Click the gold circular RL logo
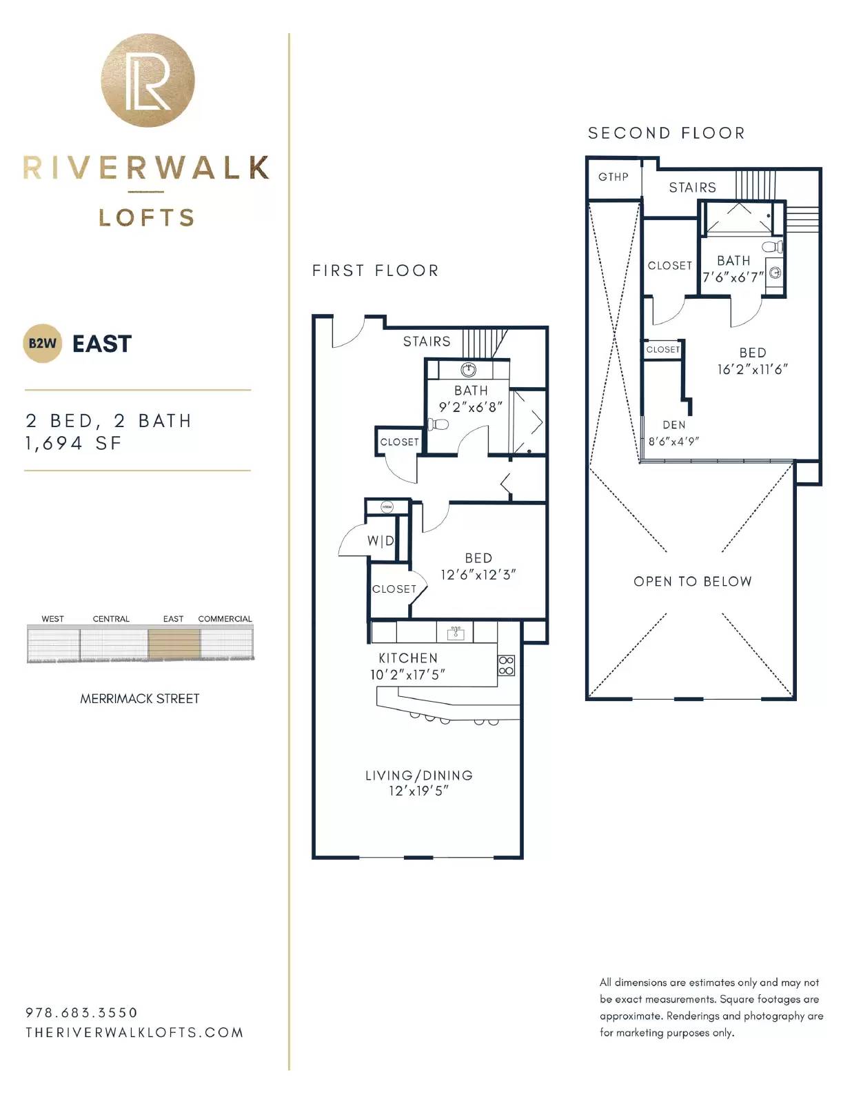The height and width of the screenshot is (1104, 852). (148, 80)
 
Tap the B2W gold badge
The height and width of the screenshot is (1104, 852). (42, 344)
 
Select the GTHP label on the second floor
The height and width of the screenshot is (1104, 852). (613, 177)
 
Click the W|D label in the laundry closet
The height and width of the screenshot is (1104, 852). (381, 540)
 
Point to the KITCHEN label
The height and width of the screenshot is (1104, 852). (408, 658)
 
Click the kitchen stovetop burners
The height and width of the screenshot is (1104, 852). (506, 666)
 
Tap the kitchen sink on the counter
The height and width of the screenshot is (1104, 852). (455, 633)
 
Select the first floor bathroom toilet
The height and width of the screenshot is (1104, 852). (438, 424)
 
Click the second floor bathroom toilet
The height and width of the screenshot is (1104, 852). (772, 247)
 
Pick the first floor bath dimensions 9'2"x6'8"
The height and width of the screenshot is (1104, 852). (470, 407)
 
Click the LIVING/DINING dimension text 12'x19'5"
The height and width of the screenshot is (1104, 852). (418, 791)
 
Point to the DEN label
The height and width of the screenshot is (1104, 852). (674, 425)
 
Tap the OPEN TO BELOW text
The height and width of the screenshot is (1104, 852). (693, 581)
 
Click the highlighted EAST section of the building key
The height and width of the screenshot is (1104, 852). (174, 644)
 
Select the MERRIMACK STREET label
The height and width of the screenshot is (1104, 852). (139, 698)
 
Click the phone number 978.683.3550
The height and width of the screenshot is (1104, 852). (82, 1012)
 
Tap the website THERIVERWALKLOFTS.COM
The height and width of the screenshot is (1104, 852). (134, 1033)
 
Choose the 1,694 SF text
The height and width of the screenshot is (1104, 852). (74, 444)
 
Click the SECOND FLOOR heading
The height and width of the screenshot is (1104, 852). (667, 133)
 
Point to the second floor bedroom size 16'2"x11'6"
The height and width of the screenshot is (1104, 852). (752, 369)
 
